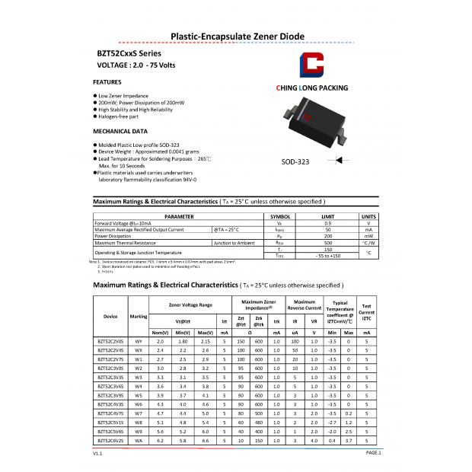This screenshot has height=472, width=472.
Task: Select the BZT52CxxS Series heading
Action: point(129,53)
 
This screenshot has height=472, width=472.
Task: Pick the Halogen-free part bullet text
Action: point(118,116)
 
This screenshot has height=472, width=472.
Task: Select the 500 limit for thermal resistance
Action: point(328,243)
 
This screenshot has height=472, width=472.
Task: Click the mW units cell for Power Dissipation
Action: point(368,236)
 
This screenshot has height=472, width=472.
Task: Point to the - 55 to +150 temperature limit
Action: point(328,256)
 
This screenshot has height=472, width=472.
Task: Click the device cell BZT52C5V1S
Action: point(110,421)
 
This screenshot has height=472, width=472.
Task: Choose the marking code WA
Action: point(139,440)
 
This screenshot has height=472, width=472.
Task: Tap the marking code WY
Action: point(139,342)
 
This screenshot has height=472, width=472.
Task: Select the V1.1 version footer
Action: point(97,453)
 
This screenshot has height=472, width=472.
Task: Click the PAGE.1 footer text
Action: point(373,453)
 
